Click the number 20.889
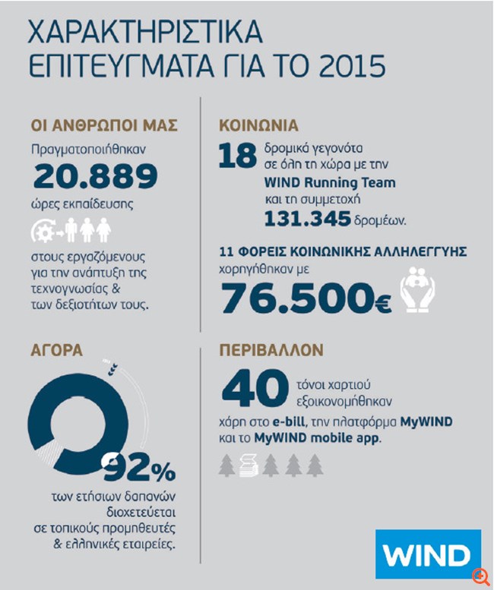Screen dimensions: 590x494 coord(94,177)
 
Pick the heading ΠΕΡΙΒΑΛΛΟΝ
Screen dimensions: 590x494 coord(271,351)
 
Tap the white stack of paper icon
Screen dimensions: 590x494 coord(249,464)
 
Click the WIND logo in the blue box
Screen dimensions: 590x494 coord(428,557)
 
